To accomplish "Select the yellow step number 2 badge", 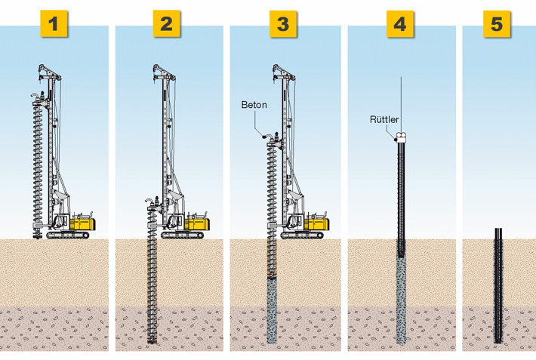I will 166,24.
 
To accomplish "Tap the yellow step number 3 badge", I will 282,24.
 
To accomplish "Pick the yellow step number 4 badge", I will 399,24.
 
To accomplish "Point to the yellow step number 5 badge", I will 496,24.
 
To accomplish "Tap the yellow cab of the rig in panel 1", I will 83,223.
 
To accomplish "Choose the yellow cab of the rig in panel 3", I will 316,223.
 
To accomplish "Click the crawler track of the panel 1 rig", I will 67,235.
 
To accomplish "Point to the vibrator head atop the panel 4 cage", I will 400,137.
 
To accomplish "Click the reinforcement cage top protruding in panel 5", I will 498,233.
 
